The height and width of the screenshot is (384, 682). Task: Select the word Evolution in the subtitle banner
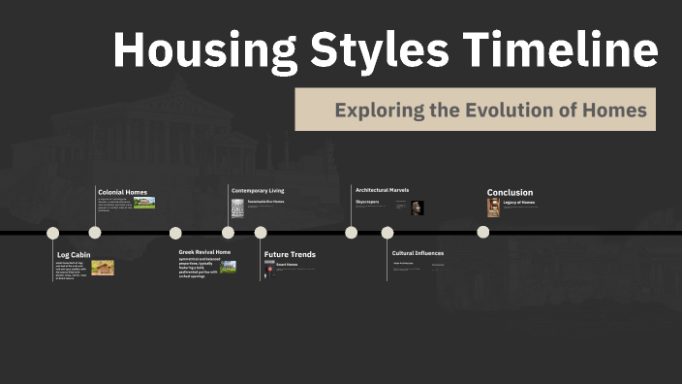(x=515, y=110)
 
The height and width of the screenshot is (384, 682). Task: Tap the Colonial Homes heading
(x=122, y=192)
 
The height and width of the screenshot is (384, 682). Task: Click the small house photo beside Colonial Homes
(x=144, y=203)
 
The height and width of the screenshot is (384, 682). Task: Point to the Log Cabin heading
(x=74, y=254)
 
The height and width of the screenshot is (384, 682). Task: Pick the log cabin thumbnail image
(x=103, y=268)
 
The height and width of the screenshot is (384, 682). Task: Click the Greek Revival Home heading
(x=204, y=252)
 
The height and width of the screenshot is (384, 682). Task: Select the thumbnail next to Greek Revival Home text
(x=228, y=267)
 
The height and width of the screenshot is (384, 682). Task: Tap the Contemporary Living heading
(x=258, y=190)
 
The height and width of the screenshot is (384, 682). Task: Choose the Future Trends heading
(x=290, y=254)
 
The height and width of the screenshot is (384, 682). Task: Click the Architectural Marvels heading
(x=382, y=190)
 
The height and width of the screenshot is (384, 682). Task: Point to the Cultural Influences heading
(x=418, y=253)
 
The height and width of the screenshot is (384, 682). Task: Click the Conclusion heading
(x=510, y=192)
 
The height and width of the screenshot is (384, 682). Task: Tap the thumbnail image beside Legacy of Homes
(x=493, y=208)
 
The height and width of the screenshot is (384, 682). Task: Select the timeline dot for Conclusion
(x=482, y=232)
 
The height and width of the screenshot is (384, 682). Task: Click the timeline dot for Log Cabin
(x=53, y=233)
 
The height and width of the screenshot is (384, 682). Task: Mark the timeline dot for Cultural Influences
(x=387, y=233)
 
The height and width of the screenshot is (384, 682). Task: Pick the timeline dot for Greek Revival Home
(x=175, y=233)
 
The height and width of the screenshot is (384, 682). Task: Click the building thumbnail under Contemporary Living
(x=237, y=208)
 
